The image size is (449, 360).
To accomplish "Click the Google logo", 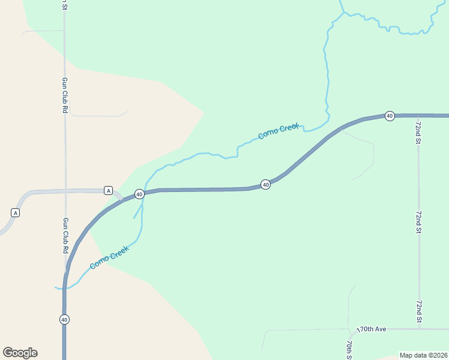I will pyautogui.click(x=20, y=353).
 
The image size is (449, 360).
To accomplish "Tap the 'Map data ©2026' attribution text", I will pyautogui.click(x=423, y=355).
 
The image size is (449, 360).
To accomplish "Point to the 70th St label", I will pyautogui.click(x=349, y=347).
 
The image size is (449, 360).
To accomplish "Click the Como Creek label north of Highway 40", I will pyautogui.click(x=278, y=131).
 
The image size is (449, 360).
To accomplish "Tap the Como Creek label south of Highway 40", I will pyautogui.click(x=109, y=257).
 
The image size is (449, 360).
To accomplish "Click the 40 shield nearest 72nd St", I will pyautogui.click(x=390, y=115).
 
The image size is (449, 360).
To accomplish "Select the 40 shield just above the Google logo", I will pyautogui.click(x=64, y=319).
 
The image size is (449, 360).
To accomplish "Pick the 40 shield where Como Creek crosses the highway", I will pyautogui.click(x=139, y=194).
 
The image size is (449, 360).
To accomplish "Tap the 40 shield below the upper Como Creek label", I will pyautogui.click(x=265, y=184).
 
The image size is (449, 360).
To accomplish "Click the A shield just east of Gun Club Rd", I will pyautogui.click(x=108, y=190).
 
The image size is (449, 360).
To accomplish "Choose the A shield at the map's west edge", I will pyautogui.click(x=16, y=212).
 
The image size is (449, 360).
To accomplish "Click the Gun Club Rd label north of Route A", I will pyautogui.click(x=65, y=95).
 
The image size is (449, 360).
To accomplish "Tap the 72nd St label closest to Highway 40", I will pyautogui.click(x=418, y=132).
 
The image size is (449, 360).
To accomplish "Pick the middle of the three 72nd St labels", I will pyautogui.click(x=418, y=222).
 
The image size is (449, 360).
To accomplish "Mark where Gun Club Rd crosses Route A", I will pyautogui.click(x=65, y=191).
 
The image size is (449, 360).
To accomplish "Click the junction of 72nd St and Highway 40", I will pyautogui.click(x=418, y=115).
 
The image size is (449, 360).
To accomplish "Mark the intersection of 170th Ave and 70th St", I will pyautogui.click(x=349, y=329).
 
